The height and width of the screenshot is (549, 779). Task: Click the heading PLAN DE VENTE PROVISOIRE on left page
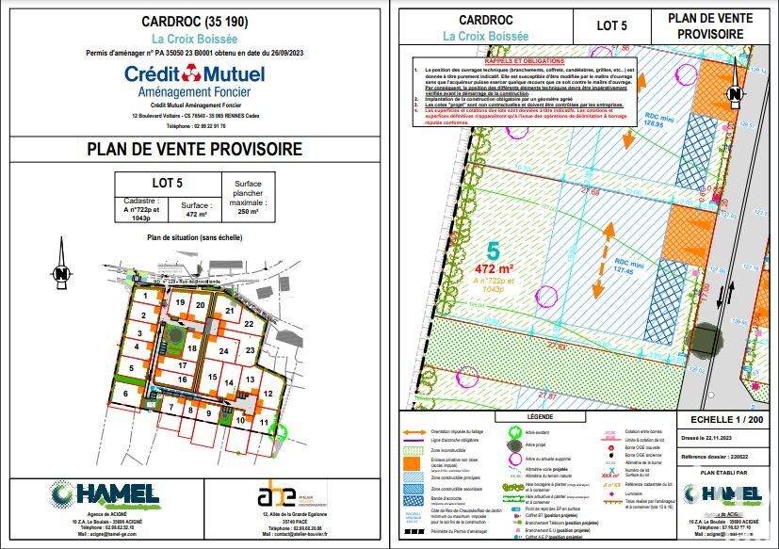point(194,149)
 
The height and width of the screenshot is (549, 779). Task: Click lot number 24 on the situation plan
point(223,351)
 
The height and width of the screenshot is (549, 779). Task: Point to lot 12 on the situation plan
point(268,394)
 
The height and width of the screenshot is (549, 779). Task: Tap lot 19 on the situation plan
point(179,303)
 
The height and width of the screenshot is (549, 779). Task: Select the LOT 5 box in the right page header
point(612,25)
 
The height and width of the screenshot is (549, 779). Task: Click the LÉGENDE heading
point(540,415)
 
